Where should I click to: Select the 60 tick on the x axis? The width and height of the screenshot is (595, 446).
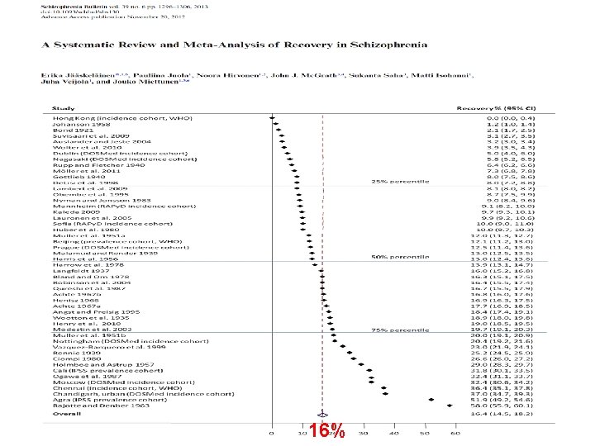(x=453, y=433)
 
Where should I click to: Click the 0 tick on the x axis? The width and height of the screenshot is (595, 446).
(x=272, y=433)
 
